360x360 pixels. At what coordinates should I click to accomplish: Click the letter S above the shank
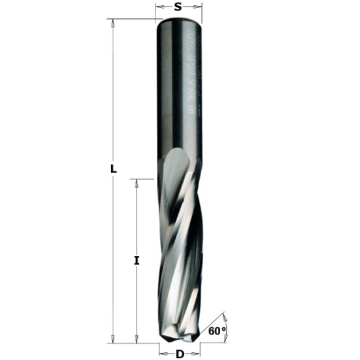[178, 8]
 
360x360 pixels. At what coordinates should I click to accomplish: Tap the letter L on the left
[113, 169]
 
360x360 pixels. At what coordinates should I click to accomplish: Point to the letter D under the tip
[180, 354]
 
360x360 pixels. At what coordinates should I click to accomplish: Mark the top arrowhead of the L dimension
[113, 23]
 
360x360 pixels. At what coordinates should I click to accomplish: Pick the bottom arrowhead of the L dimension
[113, 339]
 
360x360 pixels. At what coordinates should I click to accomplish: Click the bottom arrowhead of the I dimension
[137, 339]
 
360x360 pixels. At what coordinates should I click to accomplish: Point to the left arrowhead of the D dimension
[165, 354]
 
